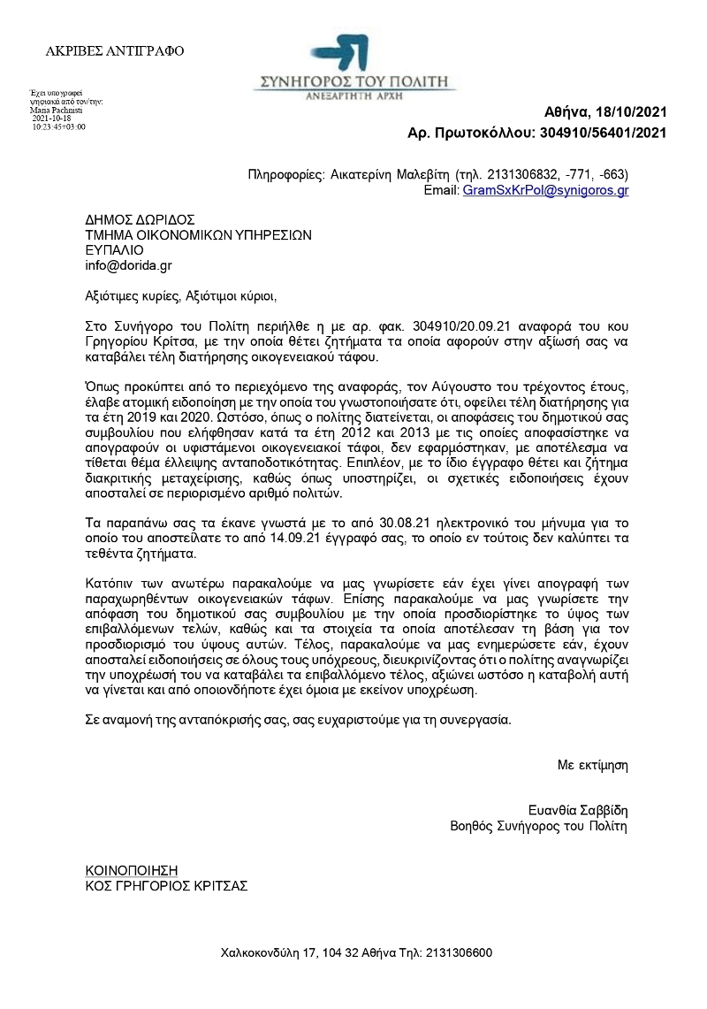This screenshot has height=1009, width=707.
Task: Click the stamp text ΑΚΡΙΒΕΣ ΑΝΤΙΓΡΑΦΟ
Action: click(x=115, y=51)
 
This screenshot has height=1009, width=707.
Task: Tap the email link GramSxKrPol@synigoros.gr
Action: click(x=545, y=189)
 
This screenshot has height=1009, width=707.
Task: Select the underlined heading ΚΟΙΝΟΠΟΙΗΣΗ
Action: click(x=132, y=870)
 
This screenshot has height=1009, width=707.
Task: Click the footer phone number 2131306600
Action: click(x=459, y=953)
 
